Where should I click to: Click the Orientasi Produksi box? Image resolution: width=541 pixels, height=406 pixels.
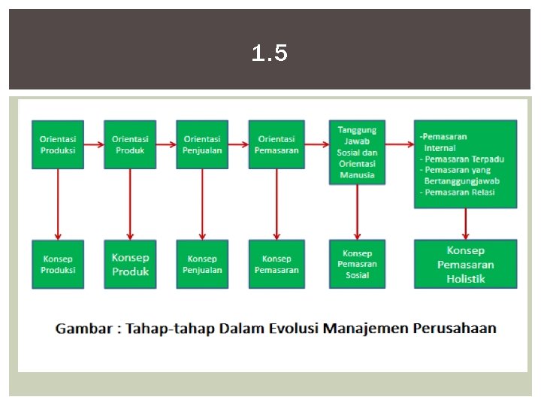58,144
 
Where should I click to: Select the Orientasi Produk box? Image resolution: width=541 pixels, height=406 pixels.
130,144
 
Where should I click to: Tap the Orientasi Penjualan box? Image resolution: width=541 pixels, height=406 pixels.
202,144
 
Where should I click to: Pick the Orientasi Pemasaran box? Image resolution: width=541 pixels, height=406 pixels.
277,144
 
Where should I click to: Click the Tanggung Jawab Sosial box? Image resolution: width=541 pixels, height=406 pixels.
357,152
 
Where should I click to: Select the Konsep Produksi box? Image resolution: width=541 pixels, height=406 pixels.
58,264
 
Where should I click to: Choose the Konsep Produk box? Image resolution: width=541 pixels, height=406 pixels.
130,264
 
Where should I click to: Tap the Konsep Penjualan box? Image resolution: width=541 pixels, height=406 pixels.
202,264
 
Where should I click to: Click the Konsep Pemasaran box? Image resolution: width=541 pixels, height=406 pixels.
277,264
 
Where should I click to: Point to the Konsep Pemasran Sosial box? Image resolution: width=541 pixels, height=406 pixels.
357,264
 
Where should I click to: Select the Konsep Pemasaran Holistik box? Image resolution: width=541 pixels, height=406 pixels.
466,264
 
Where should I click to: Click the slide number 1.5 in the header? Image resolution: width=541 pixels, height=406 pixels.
270,53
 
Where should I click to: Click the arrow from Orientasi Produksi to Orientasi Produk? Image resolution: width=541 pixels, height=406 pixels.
94,144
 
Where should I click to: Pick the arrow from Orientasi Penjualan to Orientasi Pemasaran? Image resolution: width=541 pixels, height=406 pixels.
239,144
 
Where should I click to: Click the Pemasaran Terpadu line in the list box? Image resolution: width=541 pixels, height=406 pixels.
463,159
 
